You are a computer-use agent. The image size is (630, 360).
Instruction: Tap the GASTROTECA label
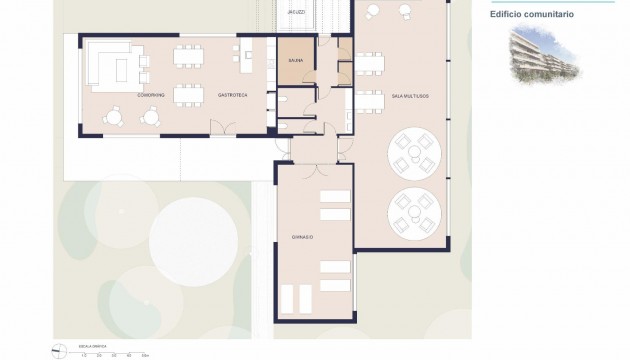(233, 94)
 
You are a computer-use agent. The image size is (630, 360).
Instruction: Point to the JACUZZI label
(296, 11)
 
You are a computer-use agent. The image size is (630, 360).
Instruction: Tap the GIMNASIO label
(289, 237)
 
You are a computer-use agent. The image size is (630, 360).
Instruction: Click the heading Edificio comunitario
(531, 14)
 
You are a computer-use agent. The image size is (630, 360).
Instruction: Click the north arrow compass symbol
(55, 349)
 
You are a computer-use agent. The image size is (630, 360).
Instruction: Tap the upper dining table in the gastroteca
(187, 55)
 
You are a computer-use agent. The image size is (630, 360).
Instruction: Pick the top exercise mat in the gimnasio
(334, 195)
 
